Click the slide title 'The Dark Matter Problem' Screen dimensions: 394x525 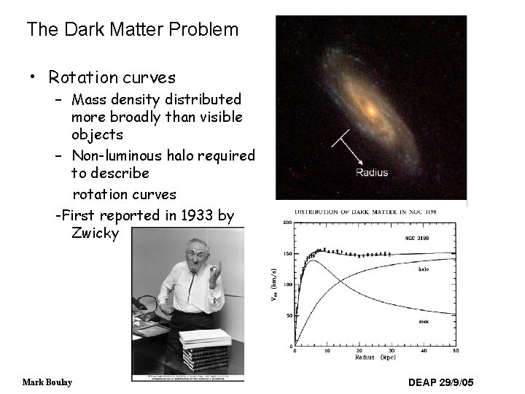point(132,30)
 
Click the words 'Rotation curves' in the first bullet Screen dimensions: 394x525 point(112,77)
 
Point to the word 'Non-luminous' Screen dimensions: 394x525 point(117,155)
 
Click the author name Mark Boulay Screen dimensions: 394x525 point(47,382)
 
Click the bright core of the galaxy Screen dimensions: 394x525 point(370,110)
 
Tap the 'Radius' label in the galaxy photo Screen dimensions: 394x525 point(372,173)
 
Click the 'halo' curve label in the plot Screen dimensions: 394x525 point(422,269)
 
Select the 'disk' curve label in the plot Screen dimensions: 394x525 point(422,321)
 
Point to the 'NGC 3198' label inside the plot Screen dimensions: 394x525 point(418,237)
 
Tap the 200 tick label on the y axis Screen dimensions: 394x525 point(287,223)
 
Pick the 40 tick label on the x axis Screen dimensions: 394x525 point(424,352)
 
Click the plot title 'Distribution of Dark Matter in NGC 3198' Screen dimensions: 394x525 point(370,212)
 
